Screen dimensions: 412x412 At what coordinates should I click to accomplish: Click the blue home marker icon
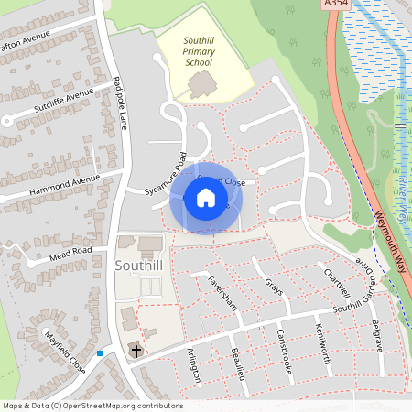(205, 198)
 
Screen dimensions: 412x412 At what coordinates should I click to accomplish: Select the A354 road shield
(336, 5)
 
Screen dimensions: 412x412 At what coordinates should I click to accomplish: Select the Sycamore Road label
(165, 174)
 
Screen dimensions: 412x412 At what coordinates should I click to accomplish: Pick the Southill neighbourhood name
(139, 265)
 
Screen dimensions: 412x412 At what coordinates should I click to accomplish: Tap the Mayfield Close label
(65, 352)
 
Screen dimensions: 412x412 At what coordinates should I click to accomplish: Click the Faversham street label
(222, 293)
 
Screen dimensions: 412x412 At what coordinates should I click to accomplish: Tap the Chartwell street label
(336, 283)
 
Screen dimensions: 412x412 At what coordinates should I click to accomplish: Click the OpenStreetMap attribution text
(92, 406)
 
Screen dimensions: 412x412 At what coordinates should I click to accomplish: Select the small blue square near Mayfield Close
(99, 353)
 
